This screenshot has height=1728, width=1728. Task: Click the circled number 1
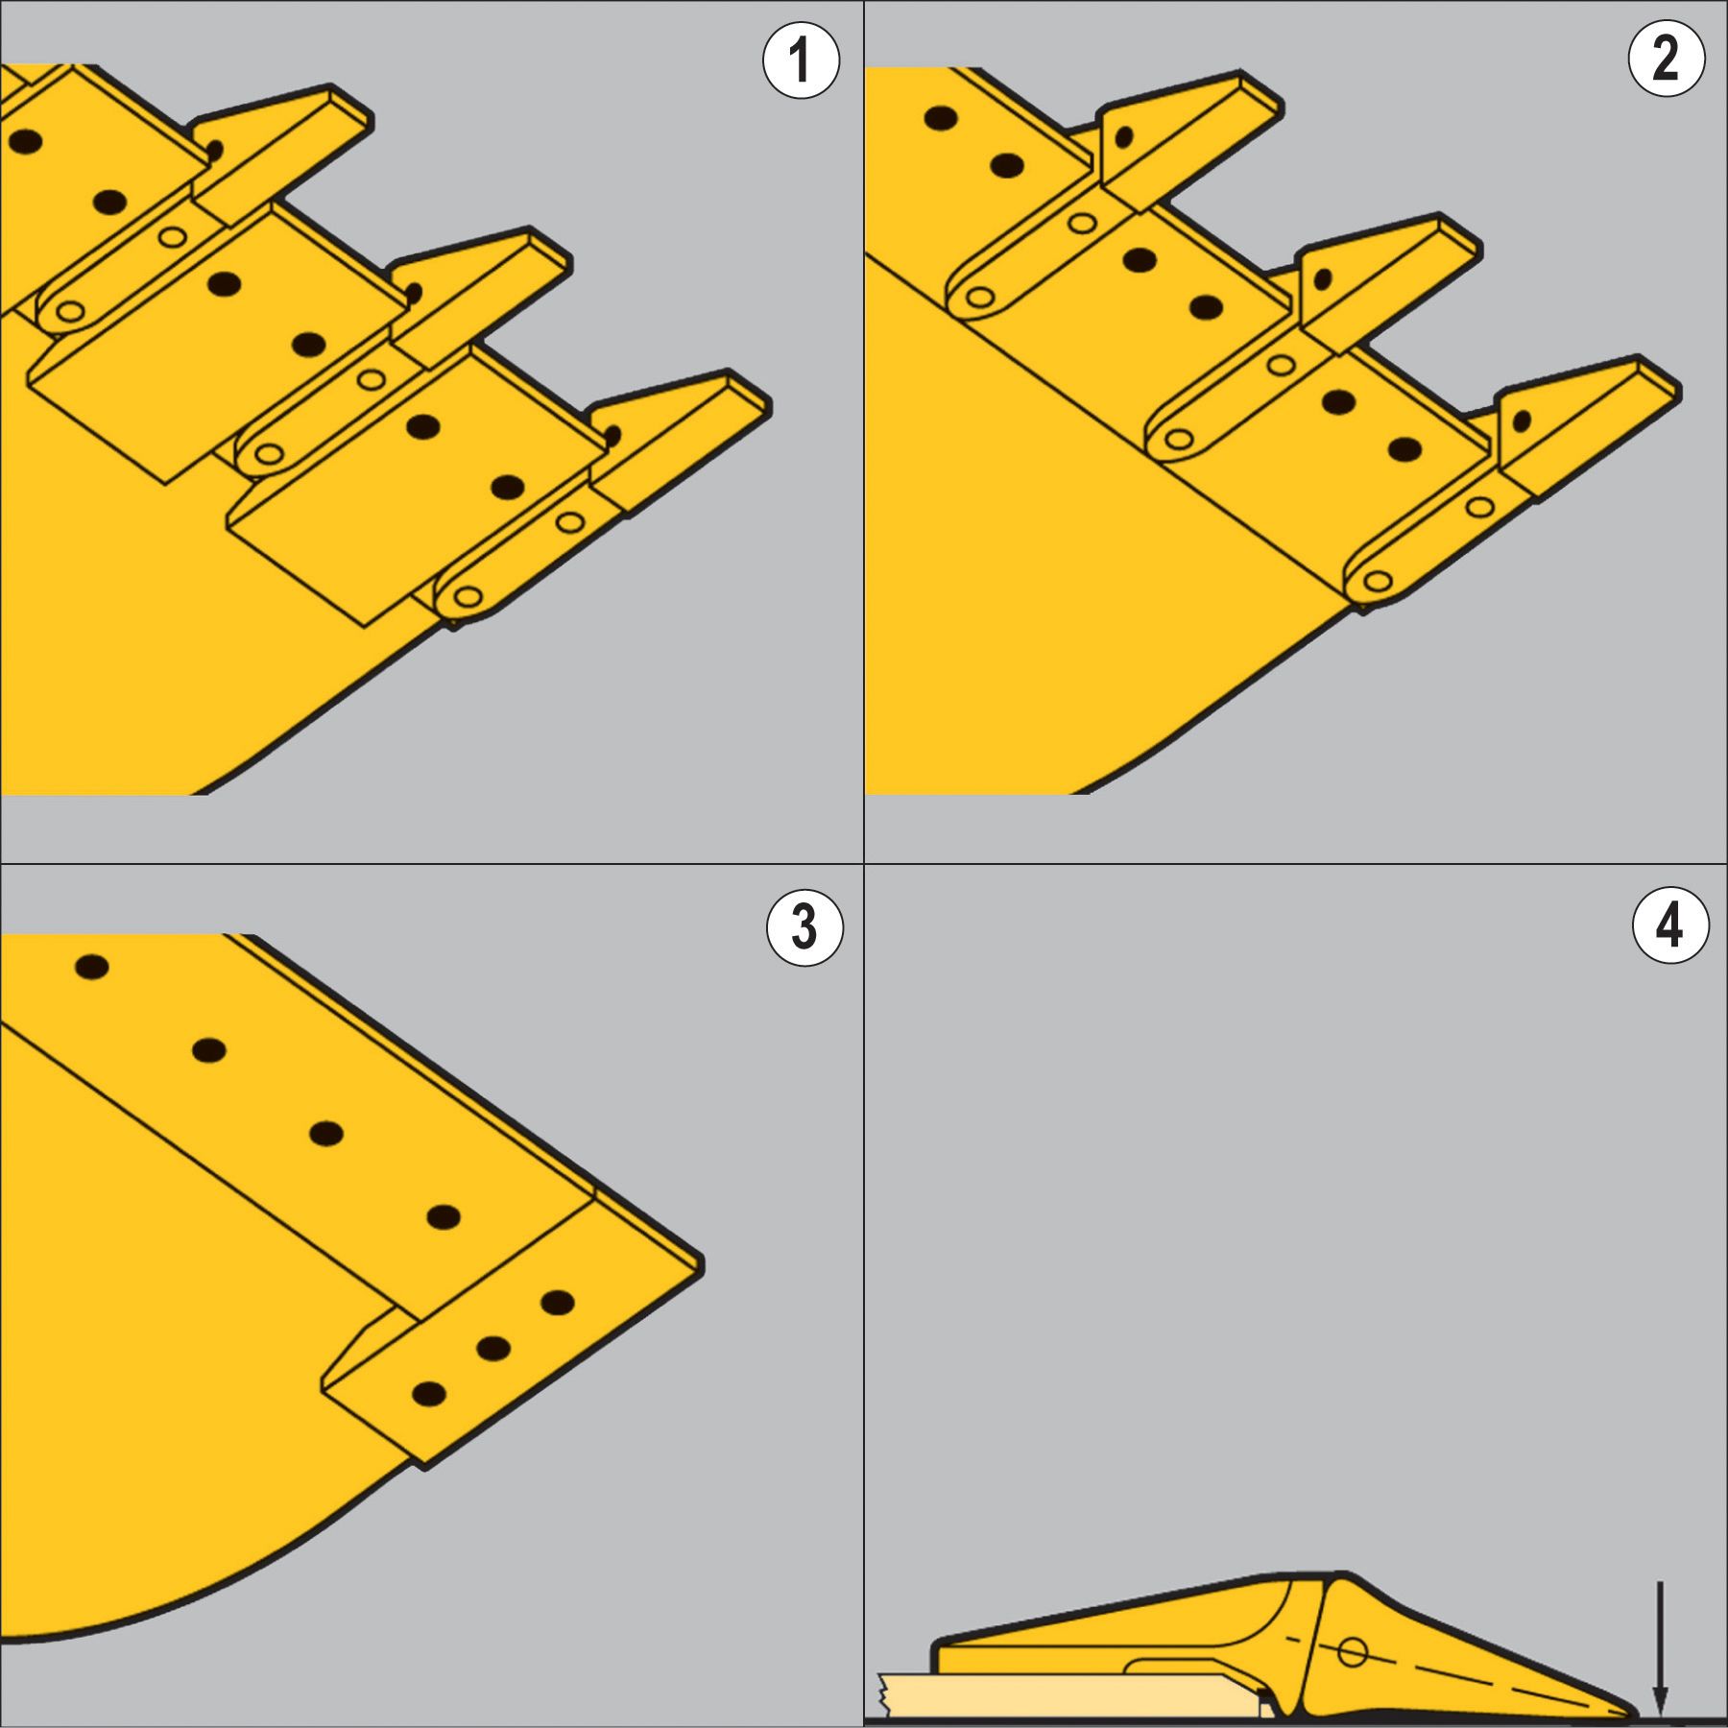(x=801, y=60)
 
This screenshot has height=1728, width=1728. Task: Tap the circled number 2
(x=1667, y=59)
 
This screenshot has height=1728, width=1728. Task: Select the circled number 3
(x=804, y=927)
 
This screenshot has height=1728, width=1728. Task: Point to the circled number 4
(x=1670, y=925)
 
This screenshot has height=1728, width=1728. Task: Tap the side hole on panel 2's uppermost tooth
(x=1122, y=136)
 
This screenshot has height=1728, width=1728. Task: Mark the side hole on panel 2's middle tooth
(x=1322, y=279)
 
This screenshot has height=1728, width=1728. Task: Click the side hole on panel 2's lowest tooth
(x=1521, y=421)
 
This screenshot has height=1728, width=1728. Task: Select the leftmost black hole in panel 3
(x=92, y=967)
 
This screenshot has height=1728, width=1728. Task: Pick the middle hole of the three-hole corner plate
(x=492, y=1349)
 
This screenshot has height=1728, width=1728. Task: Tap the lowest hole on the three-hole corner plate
(x=428, y=1394)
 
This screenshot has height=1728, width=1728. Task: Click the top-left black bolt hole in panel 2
(x=941, y=118)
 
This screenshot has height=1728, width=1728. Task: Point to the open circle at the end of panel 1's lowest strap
(x=468, y=597)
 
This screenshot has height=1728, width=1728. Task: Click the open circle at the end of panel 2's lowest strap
(x=1378, y=581)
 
